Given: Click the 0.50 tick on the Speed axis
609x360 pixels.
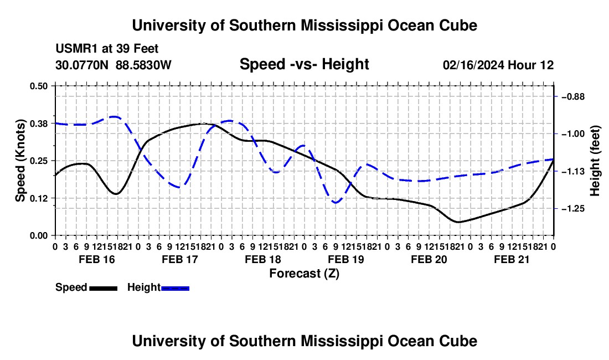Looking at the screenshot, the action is click(38, 86).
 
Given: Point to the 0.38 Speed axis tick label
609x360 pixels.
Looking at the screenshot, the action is click(38, 124).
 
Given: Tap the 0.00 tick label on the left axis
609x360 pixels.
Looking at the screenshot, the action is click(38, 236).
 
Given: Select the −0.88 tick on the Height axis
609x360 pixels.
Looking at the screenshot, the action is click(573, 97).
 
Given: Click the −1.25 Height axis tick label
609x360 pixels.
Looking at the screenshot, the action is click(573, 209).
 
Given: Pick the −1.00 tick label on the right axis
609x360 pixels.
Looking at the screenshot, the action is click(573, 134).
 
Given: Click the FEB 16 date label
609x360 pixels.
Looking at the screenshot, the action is click(97, 259).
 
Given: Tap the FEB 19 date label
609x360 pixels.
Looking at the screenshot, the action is click(346, 259).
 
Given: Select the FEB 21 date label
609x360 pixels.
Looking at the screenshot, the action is click(512, 259).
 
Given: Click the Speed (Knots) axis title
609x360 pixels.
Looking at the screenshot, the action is click(20, 161).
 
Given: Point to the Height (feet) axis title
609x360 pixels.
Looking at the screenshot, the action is click(595, 161).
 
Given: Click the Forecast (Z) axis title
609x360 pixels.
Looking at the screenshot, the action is click(304, 274).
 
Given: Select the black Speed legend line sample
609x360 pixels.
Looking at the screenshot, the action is click(104, 288).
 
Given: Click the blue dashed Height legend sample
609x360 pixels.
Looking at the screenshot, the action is click(175, 288).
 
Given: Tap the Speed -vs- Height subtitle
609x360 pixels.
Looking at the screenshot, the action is click(304, 64).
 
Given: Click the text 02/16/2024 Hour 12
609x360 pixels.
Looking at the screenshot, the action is click(498, 65).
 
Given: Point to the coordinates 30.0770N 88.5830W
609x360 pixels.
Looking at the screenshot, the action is click(113, 65).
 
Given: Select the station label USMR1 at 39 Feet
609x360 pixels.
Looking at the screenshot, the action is click(107, 49).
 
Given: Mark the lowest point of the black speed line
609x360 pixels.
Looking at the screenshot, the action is click(459, 222).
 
